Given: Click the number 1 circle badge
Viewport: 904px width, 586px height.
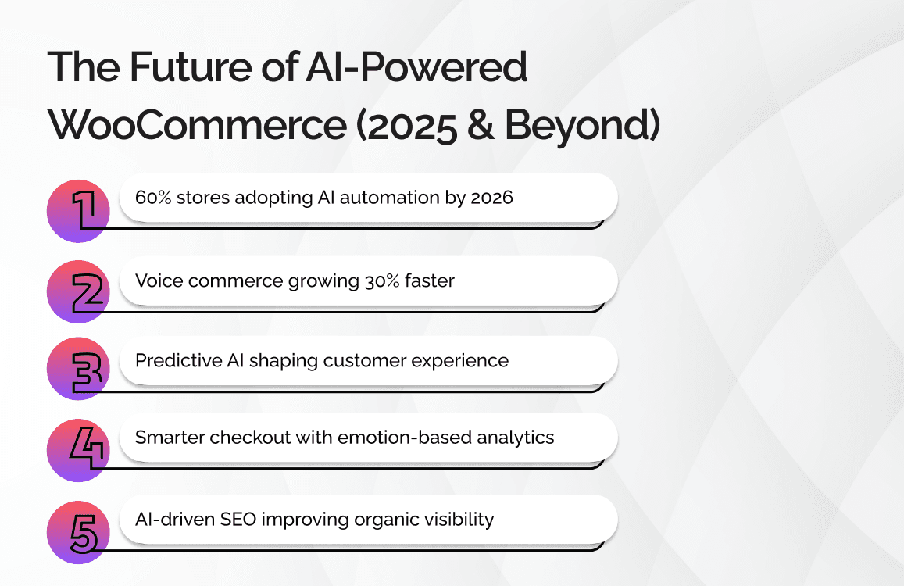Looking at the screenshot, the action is pyautogui.click(x=78, y=211).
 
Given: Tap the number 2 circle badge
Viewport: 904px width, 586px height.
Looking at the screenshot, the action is pyautogui.click(x=78, y=292).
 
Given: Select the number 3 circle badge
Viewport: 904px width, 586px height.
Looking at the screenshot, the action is pyautogui.click(x=78, y=369).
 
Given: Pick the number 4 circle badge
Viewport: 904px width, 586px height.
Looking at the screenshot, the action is pyautogui.click(x=78, y=451).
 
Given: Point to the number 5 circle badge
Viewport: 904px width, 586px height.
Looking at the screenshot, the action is pyautogui.click(x=78, y=532).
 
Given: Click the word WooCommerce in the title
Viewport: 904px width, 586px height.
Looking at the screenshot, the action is pyautogui.click(x=197, y=124).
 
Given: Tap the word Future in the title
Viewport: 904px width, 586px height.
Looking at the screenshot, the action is pyautogui.click(x=191, y=67).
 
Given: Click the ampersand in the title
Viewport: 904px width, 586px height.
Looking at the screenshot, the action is pyautogui.click(x=481, y=125).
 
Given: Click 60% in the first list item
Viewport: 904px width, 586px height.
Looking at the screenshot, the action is pyautogui.click(x=153, y=197).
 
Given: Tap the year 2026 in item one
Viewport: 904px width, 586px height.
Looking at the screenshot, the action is pyautogui.click(x=491, y=197).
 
